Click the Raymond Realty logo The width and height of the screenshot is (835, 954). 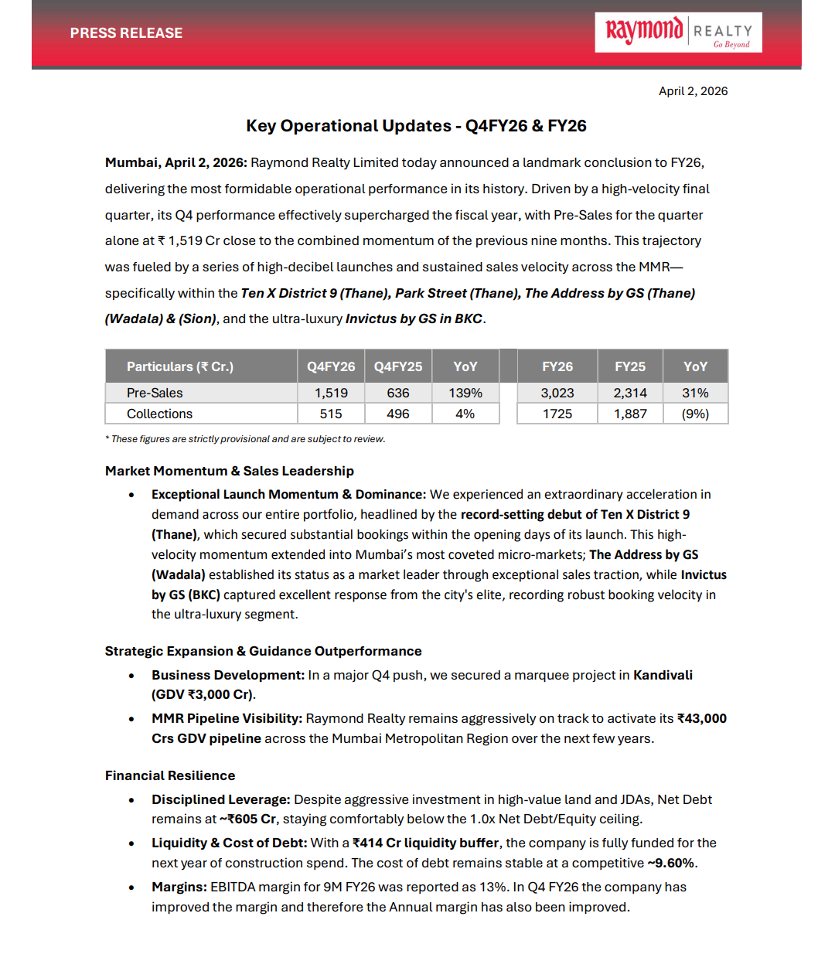pyautogui.click(x=678, y=32)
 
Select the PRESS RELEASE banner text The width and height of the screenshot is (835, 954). pyautogui.click(x=126, y=33)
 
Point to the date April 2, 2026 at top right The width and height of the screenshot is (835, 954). pyautogui.click(x=693, y=91)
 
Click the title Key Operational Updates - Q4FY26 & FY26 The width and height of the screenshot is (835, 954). pyautogui.click(x=416, y=126)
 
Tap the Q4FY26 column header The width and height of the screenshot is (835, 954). pyautogui.click(x=331, y=366)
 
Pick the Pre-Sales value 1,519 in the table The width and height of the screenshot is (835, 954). pyautogui.click(x=331, y=393)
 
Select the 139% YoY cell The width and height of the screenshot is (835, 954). pyautogui.click(x=465, y=393)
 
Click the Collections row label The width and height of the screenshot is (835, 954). pyautogui.click(x=159, y=414)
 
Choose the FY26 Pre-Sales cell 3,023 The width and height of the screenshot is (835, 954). pyautogui.click(x=557, y=393)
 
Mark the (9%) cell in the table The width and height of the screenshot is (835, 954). pyautogui.click(x=695, y=414)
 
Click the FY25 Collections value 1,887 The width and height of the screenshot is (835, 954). pyautogui.click(x=630, y=414)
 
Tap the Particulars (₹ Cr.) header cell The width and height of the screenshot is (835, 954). pyautogui.click(x=180, y=366)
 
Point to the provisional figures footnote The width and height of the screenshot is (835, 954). pyautogui.click(x=245, y=439)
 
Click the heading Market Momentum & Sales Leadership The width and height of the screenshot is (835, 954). pyautogui.click(x=230, y=471)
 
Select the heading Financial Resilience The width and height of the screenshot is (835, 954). pyautogui.click(x=170, y=775)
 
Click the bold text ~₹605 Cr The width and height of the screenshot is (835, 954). pyautogui.click(x=247, y=819)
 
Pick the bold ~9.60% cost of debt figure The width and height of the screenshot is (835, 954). pyautogui.click(x=670, y=863)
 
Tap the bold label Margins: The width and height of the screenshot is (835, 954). pyautogui.click(x=179, y=887)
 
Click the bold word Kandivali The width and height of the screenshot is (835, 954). pyautogui.click(x=663, y=675)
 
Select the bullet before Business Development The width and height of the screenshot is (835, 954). pyautogui.click(x=131, y=676)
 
